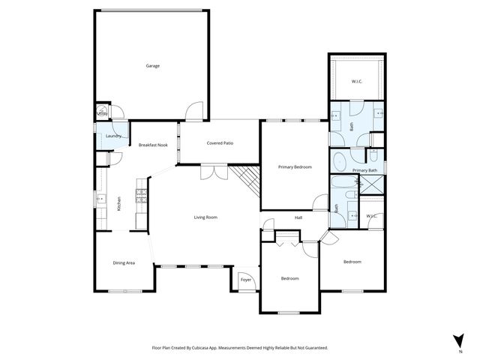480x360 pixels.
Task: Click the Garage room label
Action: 152,66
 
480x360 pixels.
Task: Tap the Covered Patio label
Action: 220,142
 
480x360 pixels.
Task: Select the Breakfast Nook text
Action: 152,145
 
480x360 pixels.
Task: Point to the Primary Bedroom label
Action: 295,167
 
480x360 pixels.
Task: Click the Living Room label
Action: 205,217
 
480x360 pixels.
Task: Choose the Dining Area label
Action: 124,263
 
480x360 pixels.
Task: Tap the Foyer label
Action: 245,280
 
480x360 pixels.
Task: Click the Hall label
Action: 298,218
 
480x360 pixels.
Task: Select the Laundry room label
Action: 114,136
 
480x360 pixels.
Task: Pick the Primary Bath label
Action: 364,170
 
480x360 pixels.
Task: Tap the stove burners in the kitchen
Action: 140,196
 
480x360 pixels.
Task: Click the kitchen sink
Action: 100,199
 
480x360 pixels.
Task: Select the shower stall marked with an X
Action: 371,186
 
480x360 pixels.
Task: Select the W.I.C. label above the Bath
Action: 358,82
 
